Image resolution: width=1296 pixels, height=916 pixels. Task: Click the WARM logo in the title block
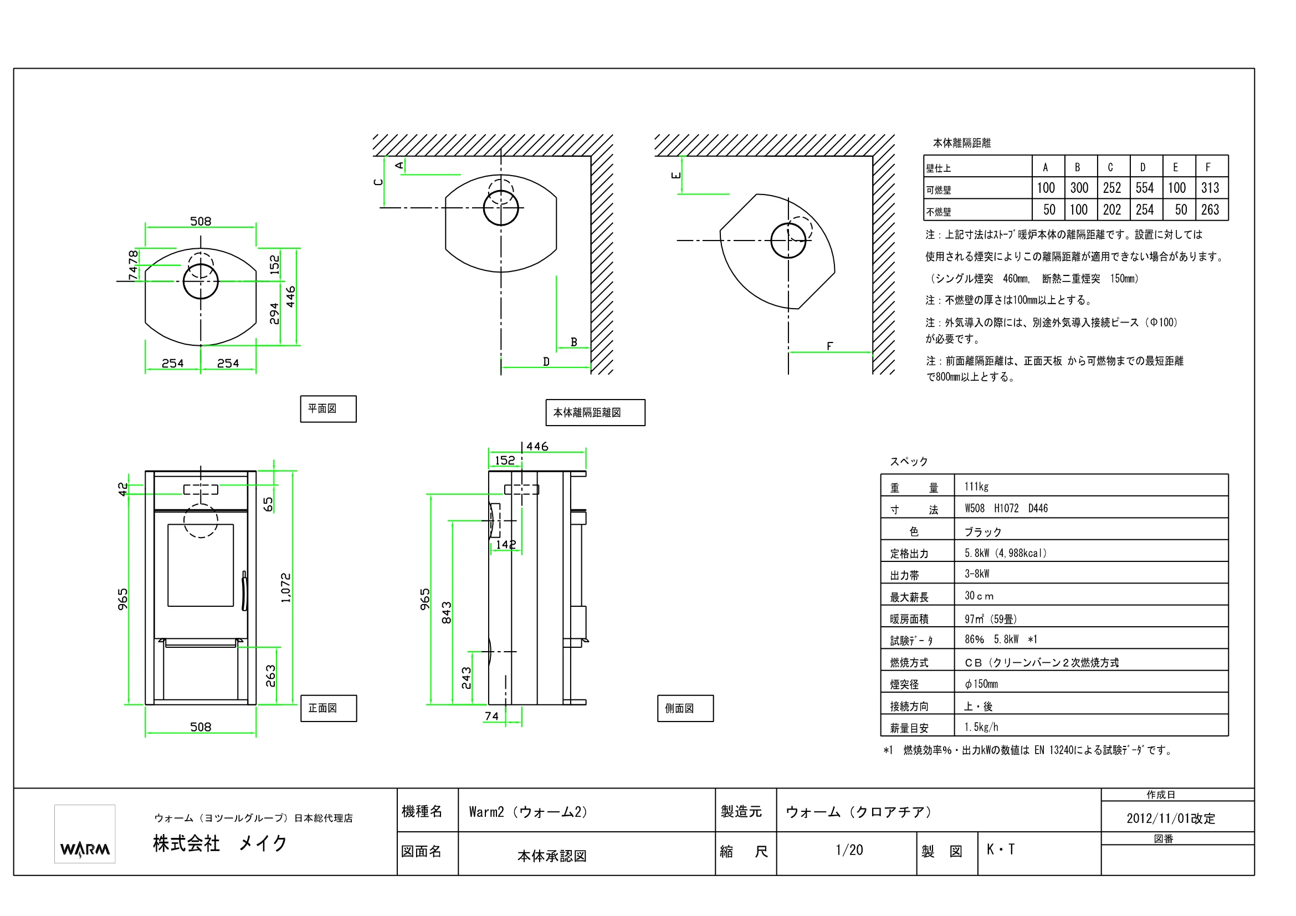point(85,833)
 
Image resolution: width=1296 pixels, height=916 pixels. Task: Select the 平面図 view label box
point(328,408)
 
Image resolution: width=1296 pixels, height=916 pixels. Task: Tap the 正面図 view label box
point(329,708)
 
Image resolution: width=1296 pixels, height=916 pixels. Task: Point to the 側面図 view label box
point(685,708)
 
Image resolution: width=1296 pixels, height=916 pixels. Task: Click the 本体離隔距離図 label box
point(595,413)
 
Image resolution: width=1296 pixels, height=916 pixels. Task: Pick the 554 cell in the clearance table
point(1144,188)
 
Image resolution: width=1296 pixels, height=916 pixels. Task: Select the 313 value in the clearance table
point(1210,188)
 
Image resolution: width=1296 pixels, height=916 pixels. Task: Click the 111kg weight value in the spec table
point(976,487)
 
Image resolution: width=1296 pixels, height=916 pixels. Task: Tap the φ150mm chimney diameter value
point(981,684)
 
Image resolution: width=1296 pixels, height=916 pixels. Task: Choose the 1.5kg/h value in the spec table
point(981,727)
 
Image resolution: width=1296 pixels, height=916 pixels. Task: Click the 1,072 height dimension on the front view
point(286,588)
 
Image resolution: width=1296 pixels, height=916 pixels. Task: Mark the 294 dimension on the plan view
point(274,314)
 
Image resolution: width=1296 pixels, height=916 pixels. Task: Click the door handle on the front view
point(244,591)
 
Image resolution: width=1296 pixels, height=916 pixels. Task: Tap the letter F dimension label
point(829,346)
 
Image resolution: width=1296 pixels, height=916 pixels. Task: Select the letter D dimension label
point(546,361)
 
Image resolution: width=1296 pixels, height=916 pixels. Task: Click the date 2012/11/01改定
point(1171,818)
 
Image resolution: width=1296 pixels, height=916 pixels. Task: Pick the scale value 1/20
point(849,850)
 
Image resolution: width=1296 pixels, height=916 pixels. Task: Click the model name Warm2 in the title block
point(486,812)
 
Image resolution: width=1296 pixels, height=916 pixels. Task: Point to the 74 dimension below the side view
point(491,716)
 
